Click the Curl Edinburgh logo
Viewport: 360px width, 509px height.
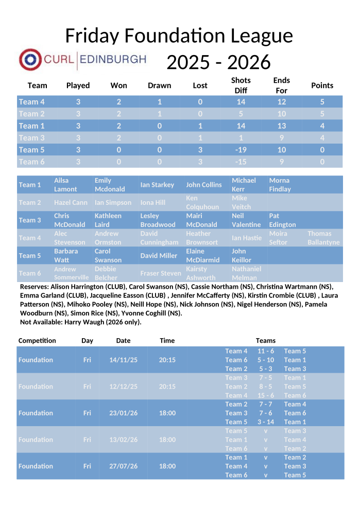pos(82,60)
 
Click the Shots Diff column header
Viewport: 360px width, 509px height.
pos(241,85)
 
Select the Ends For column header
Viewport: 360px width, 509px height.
pos(281,85)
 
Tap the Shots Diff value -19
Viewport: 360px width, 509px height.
pos(241,150)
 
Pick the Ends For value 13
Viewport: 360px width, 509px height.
pos(281,126)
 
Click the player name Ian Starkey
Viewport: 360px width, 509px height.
pos(157,185)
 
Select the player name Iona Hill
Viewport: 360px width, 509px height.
pos(152,203)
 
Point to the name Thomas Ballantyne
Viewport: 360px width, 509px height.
pos(323,238)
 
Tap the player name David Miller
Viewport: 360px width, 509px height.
pos(159,256)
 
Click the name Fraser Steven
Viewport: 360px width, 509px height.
pos(161,273)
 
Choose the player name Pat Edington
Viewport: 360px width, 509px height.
pos(282,220)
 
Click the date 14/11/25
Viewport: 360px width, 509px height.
pos(124,360)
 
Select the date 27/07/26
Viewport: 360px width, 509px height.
pos(124,466)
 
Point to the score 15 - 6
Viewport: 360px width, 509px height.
pos(266,395)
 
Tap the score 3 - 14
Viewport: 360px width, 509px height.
pos(266,422)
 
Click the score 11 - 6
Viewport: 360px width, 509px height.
pos(266,352)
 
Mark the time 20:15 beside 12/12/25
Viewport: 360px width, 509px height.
pos(167,387)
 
